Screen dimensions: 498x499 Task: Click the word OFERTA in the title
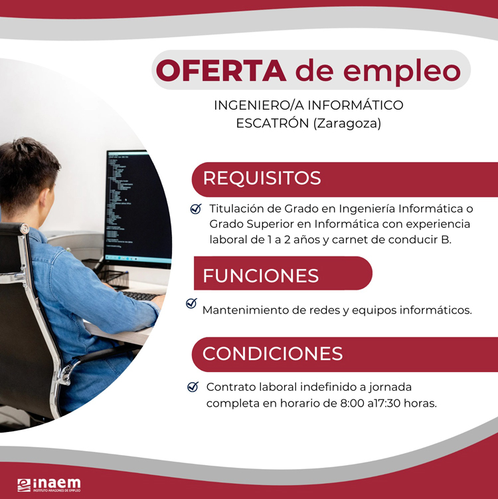click(x=221, y=70)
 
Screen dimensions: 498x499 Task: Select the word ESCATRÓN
click(x=272, y=123)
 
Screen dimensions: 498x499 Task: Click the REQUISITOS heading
click(x=262, y=178)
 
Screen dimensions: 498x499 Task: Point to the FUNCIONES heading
click(x=261, y=276)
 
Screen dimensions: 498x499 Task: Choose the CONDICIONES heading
click(x=272, y=353)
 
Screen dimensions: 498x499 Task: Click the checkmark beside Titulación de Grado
click(x=196, y=209)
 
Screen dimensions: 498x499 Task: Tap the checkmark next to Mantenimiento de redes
click(x=191, y=303)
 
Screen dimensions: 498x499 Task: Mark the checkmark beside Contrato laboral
click(x=193, y=387)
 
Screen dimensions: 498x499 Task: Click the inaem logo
click(x=49, y=485)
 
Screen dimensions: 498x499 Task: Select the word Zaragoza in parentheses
click(x=347, y=123)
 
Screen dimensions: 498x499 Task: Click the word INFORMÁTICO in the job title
click(x=355, y=105)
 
